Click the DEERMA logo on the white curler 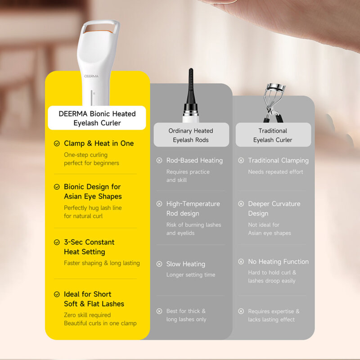click(x=91, y=76)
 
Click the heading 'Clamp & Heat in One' click(x=99, y=143)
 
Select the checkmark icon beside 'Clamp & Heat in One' click(x=57, y=144)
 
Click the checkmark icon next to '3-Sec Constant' click(x=57, y=242)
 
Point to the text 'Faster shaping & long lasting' click(x=102, y=263)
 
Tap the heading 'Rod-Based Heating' click(x=194, y=160)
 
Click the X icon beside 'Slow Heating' click(x=159, y=264)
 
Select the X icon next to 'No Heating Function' click(x=241, y=261)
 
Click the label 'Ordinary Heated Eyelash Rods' click(x=191, y=135)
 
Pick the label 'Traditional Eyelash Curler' click(x=273, y=135)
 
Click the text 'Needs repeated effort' click(x=275, y=172)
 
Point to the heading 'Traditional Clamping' click(x=278, y=160)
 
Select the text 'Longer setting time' click(x=191, y=274)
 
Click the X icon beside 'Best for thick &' click(x=159, y=311)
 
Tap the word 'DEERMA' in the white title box click(x=73, y=114)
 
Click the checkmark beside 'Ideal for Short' click(x=57, y=294)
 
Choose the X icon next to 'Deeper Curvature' click(x=241, y=204)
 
